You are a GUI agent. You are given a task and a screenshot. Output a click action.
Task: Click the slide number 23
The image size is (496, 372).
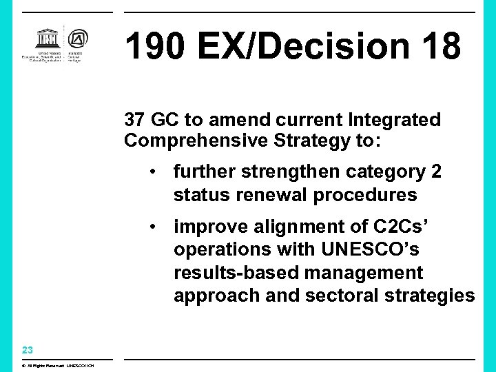[28, 349]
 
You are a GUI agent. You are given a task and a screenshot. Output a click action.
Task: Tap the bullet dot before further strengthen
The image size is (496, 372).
[158, 172]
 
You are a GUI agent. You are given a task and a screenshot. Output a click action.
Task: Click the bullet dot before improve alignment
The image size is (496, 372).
[158, 227]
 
